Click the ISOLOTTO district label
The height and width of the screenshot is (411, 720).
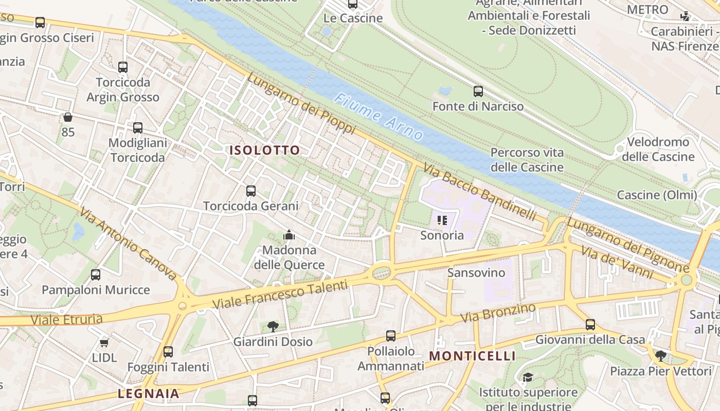264,150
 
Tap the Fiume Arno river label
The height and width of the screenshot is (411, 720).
378,117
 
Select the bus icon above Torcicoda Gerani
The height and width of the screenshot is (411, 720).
251,191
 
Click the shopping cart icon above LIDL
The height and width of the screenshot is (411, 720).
104,342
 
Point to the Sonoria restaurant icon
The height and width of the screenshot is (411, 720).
442,220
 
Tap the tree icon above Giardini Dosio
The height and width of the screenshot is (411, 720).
273,326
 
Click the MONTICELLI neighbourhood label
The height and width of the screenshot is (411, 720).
472,356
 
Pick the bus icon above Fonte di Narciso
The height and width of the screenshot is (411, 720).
478,91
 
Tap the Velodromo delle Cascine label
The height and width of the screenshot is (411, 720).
658,149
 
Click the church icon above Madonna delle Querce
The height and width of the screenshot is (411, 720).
289,235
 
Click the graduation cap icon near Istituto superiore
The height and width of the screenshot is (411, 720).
528,378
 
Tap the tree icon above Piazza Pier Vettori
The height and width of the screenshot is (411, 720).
660,356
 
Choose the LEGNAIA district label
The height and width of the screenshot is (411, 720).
149,394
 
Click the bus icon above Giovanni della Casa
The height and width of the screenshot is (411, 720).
590,325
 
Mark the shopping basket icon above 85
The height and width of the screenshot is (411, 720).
67,118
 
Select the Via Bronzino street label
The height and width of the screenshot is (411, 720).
498,313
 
